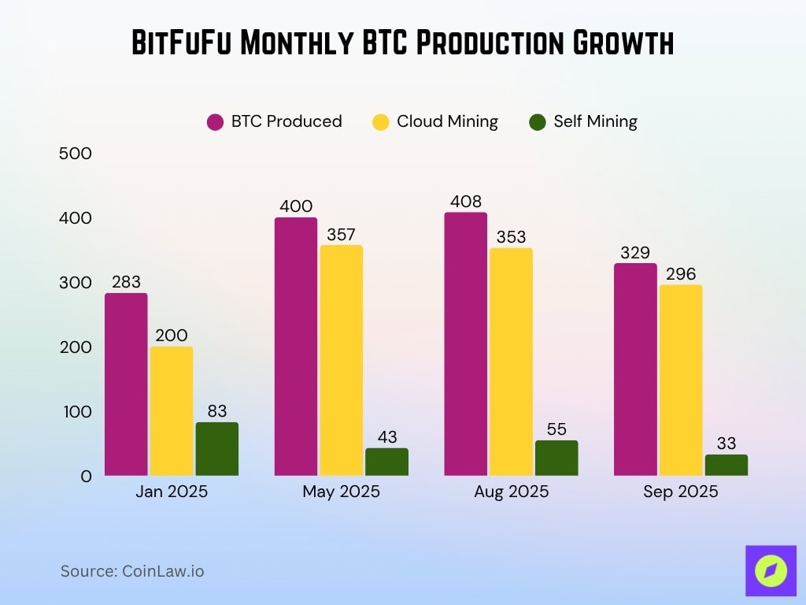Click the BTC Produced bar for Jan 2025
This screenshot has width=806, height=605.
pyautogui.click(x=126, y=384)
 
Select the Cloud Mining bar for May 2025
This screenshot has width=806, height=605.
pyautogui.click(x=341, y=360)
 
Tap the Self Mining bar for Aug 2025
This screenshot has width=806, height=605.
pyautogui.click(x=556, y=458)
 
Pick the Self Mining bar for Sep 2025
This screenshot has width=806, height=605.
pyautogui.click(x=726, y=465)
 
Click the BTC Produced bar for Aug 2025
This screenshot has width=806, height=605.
pyautogui.click(x=465, y=343)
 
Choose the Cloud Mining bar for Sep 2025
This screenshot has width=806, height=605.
pyautogui.click(x=680, y=380)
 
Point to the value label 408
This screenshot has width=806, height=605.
pyautogui.click(x=465, y=201)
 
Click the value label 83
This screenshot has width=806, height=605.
pyautogui.click(x=216, y=410)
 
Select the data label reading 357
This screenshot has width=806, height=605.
pyautogui.click(x=341, y=234)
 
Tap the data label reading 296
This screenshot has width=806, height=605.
pyautogui.click(x=680, y=273)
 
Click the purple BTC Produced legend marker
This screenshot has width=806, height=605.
pyautogui.click(x=216, y=121)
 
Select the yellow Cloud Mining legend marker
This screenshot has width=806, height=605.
pyautogui.click(x=381, y=121)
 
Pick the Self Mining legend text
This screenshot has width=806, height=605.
pyautogui.click(x=595, y=121)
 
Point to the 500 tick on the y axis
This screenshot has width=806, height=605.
pyautogui.click(x=76, y=153)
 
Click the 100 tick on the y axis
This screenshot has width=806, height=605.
pyautogui.click(x=76, y=411)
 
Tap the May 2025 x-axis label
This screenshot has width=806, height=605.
pyautogui.click(x=341, y=492)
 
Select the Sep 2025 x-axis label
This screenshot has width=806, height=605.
pyautogui.click(x=680, y=492)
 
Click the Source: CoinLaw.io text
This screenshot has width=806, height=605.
pyautogui.click(x=132, y=571)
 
